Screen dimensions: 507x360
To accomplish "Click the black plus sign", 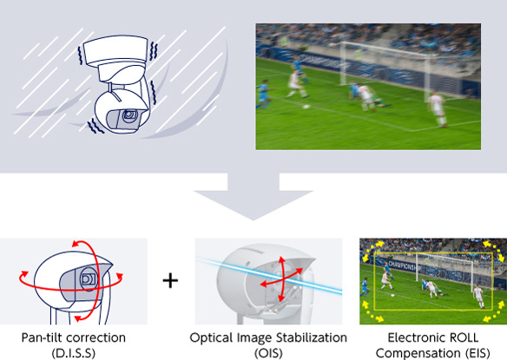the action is click(x=170, y=280).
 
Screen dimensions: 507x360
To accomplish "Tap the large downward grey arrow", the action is click(x=253, y=196).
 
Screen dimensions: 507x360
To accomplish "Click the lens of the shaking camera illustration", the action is click(x=130, y=115).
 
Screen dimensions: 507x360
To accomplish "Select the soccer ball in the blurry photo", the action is click(x=306, y=107).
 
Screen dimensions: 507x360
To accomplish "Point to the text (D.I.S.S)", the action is click(x=74, y=353).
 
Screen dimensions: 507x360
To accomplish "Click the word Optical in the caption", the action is click(x=211, y=338).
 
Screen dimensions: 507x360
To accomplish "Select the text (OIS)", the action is click(x=268, y=353).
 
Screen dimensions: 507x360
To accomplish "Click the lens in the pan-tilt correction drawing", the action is click(x=88, y=278).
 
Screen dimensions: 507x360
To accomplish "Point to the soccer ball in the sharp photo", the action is click(x=392, y=295).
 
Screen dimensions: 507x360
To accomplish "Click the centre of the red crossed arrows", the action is click(x=281, y=279).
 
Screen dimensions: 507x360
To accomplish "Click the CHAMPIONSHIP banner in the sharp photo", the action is click(x=405, y=266).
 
